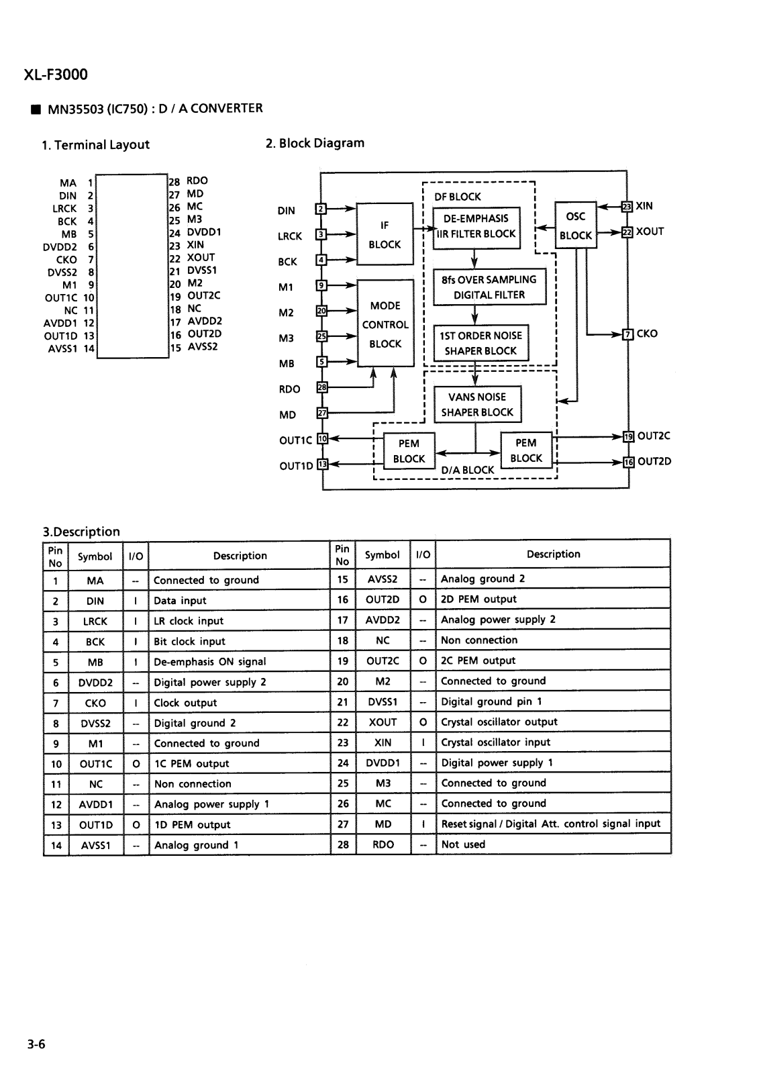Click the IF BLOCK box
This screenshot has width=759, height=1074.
point(385,234)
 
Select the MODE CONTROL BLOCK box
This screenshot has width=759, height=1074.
point(385,324)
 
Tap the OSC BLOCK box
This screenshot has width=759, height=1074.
point(575,225)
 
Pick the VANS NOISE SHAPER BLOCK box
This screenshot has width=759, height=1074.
point(478,404)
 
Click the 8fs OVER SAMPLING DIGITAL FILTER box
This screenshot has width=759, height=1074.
point(489,287)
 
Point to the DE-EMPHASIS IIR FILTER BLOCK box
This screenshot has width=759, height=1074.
point(476,228)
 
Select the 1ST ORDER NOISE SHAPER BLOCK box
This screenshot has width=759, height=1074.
point(481,343)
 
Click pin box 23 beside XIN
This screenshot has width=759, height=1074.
point(627,207)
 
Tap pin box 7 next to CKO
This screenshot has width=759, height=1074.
point(627,334)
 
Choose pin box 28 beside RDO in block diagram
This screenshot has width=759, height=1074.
point(322,387)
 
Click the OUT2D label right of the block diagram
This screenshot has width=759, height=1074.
point(654,461)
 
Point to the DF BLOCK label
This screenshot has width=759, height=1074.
point(458,197)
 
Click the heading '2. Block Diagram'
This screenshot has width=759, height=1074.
point(315,143)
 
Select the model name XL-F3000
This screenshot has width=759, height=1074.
point(56,75)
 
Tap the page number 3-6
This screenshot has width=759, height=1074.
point(36,1044)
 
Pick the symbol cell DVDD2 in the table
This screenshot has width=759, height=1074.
point(95,682)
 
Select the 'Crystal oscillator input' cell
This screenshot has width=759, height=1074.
point(496,742)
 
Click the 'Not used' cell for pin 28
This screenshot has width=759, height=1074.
point(463,844)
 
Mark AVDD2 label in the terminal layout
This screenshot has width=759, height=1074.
point(205,322)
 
